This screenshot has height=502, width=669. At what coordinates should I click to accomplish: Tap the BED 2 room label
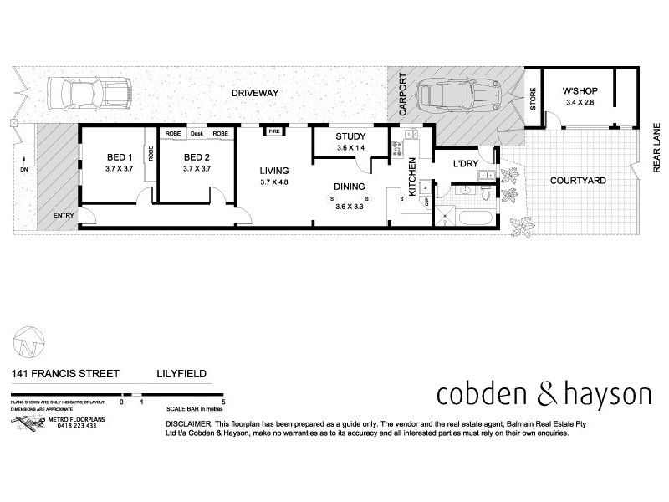(197, 157)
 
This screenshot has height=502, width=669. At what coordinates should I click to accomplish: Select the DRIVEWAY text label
(255, 93)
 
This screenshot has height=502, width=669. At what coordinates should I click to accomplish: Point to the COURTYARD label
(578, 180)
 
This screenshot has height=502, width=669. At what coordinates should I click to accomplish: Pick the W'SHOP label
(578, 91)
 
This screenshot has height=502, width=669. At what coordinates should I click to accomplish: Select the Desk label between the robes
(197, 134)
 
